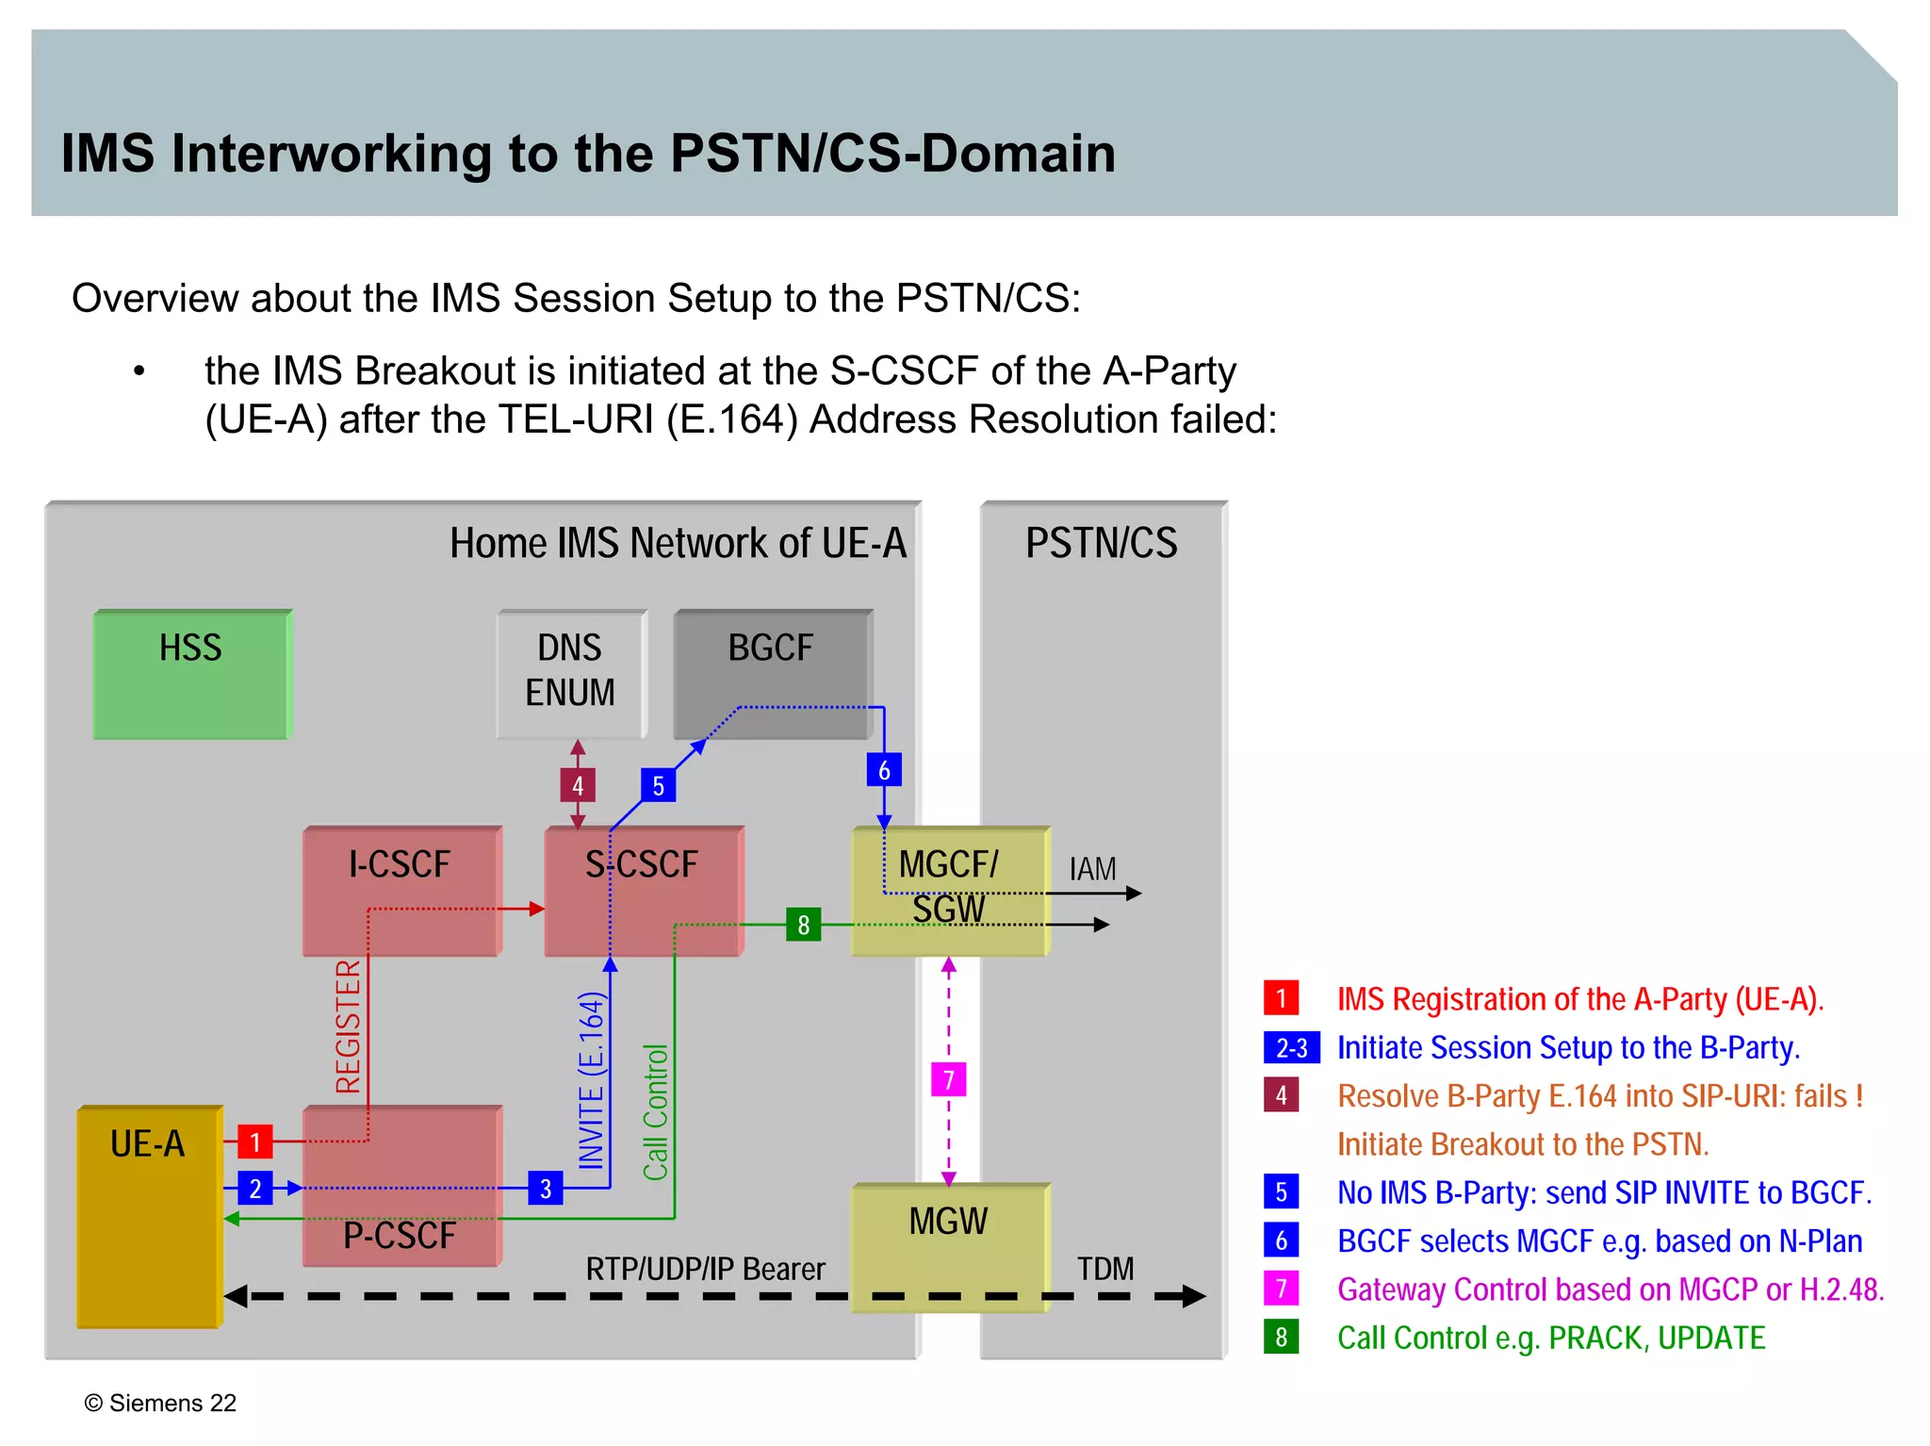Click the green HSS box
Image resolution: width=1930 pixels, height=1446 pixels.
[192, 674]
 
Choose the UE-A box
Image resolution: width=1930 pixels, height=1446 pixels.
[149, 1216]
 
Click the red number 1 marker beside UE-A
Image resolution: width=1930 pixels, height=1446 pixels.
[254, 1142]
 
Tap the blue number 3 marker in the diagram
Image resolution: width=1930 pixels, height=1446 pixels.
[546, 1189]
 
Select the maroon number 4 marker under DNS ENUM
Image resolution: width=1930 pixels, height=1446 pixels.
[578, 785]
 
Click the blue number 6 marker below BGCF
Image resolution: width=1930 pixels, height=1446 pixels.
[884, 770]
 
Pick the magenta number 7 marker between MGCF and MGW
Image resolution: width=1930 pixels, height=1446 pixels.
[949, 1079]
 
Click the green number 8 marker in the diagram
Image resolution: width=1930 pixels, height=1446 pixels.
[803, 925]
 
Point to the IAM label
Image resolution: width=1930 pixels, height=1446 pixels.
[1092, 869]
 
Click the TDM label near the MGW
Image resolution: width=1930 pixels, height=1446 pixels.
[1105, 1269]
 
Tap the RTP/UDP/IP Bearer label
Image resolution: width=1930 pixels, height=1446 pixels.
[705, 1270]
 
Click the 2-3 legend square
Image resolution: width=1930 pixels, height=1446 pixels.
[1291, 1047]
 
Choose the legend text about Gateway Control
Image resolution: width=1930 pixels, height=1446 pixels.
[1610, 1289]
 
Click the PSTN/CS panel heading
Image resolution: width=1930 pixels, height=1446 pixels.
[1101, 543]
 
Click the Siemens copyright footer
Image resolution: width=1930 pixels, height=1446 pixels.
[160, 1403]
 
